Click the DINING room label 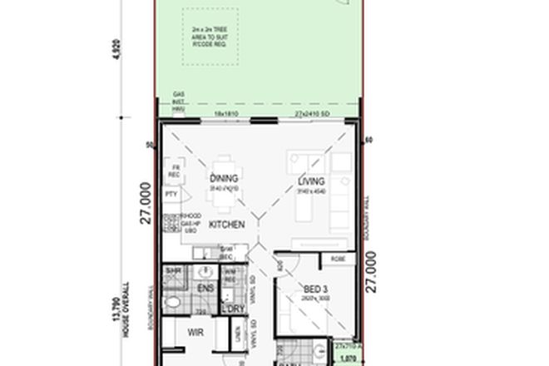[x=224, y=178]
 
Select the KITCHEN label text [x=225, y=225]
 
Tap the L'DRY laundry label [x=232, y=309]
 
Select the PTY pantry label [x=171, y=195]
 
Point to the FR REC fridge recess [x=175, y=171]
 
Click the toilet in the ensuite [x=173, y=302]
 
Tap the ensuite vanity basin [x=205, y=272]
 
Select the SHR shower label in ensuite [x=175, y=271]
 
